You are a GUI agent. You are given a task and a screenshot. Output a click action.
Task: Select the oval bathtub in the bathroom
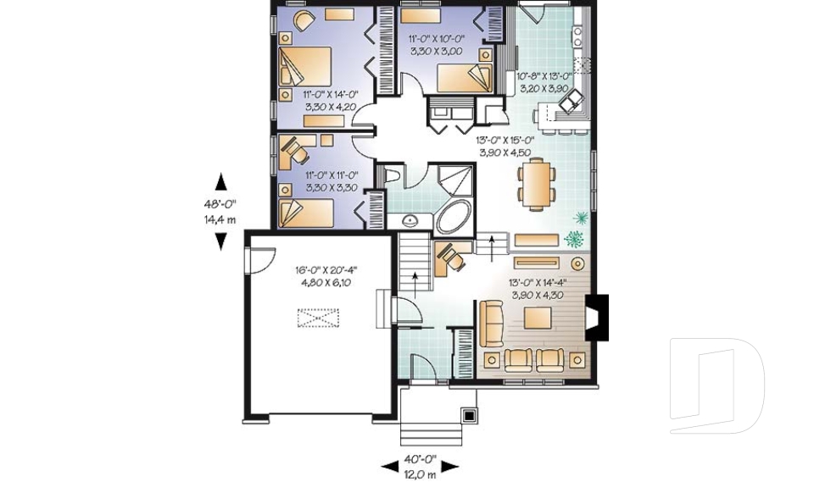tap(456, 219)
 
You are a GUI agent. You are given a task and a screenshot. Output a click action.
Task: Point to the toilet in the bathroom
tap(392, 175)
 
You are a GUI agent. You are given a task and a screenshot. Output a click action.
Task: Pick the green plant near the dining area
tap(580, 219)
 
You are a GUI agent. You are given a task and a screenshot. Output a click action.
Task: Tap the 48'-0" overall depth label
tap(220, 203)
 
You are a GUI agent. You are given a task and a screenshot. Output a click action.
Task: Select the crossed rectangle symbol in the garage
tap(317, 319)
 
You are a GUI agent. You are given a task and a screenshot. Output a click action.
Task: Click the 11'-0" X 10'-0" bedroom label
tap(436, 45)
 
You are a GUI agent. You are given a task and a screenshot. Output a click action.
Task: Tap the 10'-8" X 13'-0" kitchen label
tap(544, 80)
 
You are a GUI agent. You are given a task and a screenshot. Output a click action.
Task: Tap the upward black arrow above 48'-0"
tap(221, 181)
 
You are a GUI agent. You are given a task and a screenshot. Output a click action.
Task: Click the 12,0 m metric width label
tap(420, 472)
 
